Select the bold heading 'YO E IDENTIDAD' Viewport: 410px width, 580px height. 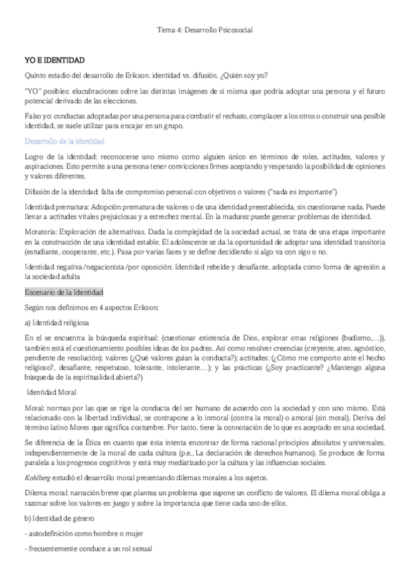coord(54,60)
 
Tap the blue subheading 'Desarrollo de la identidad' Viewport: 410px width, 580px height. coord(64,141)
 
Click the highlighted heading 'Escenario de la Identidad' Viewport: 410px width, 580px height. coord(63,292)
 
